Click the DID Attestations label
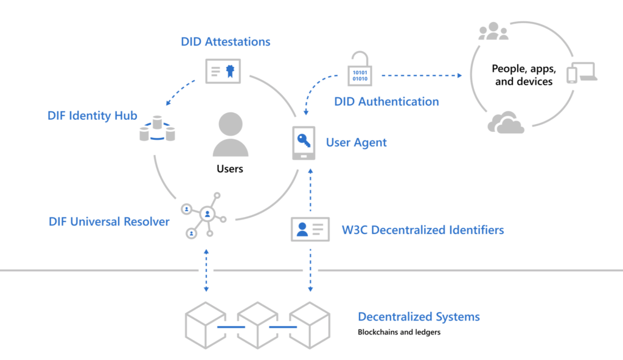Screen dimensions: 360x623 226,42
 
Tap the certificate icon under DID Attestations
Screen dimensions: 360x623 223,72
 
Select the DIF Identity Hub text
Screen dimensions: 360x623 92,116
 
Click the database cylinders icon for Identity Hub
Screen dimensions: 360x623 157,129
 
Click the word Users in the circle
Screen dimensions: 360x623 230,168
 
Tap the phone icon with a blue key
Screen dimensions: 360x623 303,143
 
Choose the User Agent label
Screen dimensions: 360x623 357,143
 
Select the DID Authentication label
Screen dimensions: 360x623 386,102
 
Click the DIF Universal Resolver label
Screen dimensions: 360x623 109,222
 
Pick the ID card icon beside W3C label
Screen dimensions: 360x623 310,229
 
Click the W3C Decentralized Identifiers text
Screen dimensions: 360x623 423,230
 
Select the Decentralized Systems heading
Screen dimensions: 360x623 419,317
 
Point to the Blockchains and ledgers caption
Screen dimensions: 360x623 399,333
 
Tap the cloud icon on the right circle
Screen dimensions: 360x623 506,123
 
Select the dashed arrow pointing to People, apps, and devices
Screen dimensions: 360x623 420,75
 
